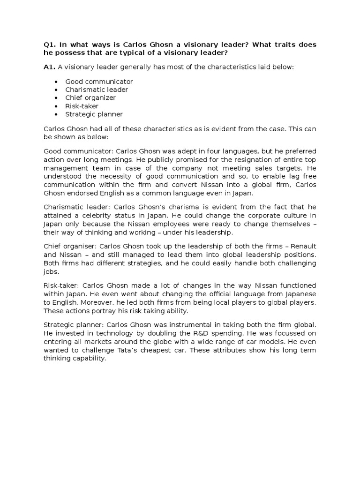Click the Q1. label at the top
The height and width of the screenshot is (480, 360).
tap(50, 45)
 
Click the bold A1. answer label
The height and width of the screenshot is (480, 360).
tap(49, 67)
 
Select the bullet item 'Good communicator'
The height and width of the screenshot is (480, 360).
tap(99, 82)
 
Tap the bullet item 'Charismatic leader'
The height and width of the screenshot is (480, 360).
tap(97, 90)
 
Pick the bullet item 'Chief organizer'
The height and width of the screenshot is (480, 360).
tap(90, 97)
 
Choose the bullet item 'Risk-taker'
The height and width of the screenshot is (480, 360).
tap(82, 106)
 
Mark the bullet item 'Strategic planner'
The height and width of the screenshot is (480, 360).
tap(94, 114)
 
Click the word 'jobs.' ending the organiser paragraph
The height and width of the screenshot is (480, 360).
tap(51, 271)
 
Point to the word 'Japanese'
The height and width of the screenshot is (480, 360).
tap(300, 293)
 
